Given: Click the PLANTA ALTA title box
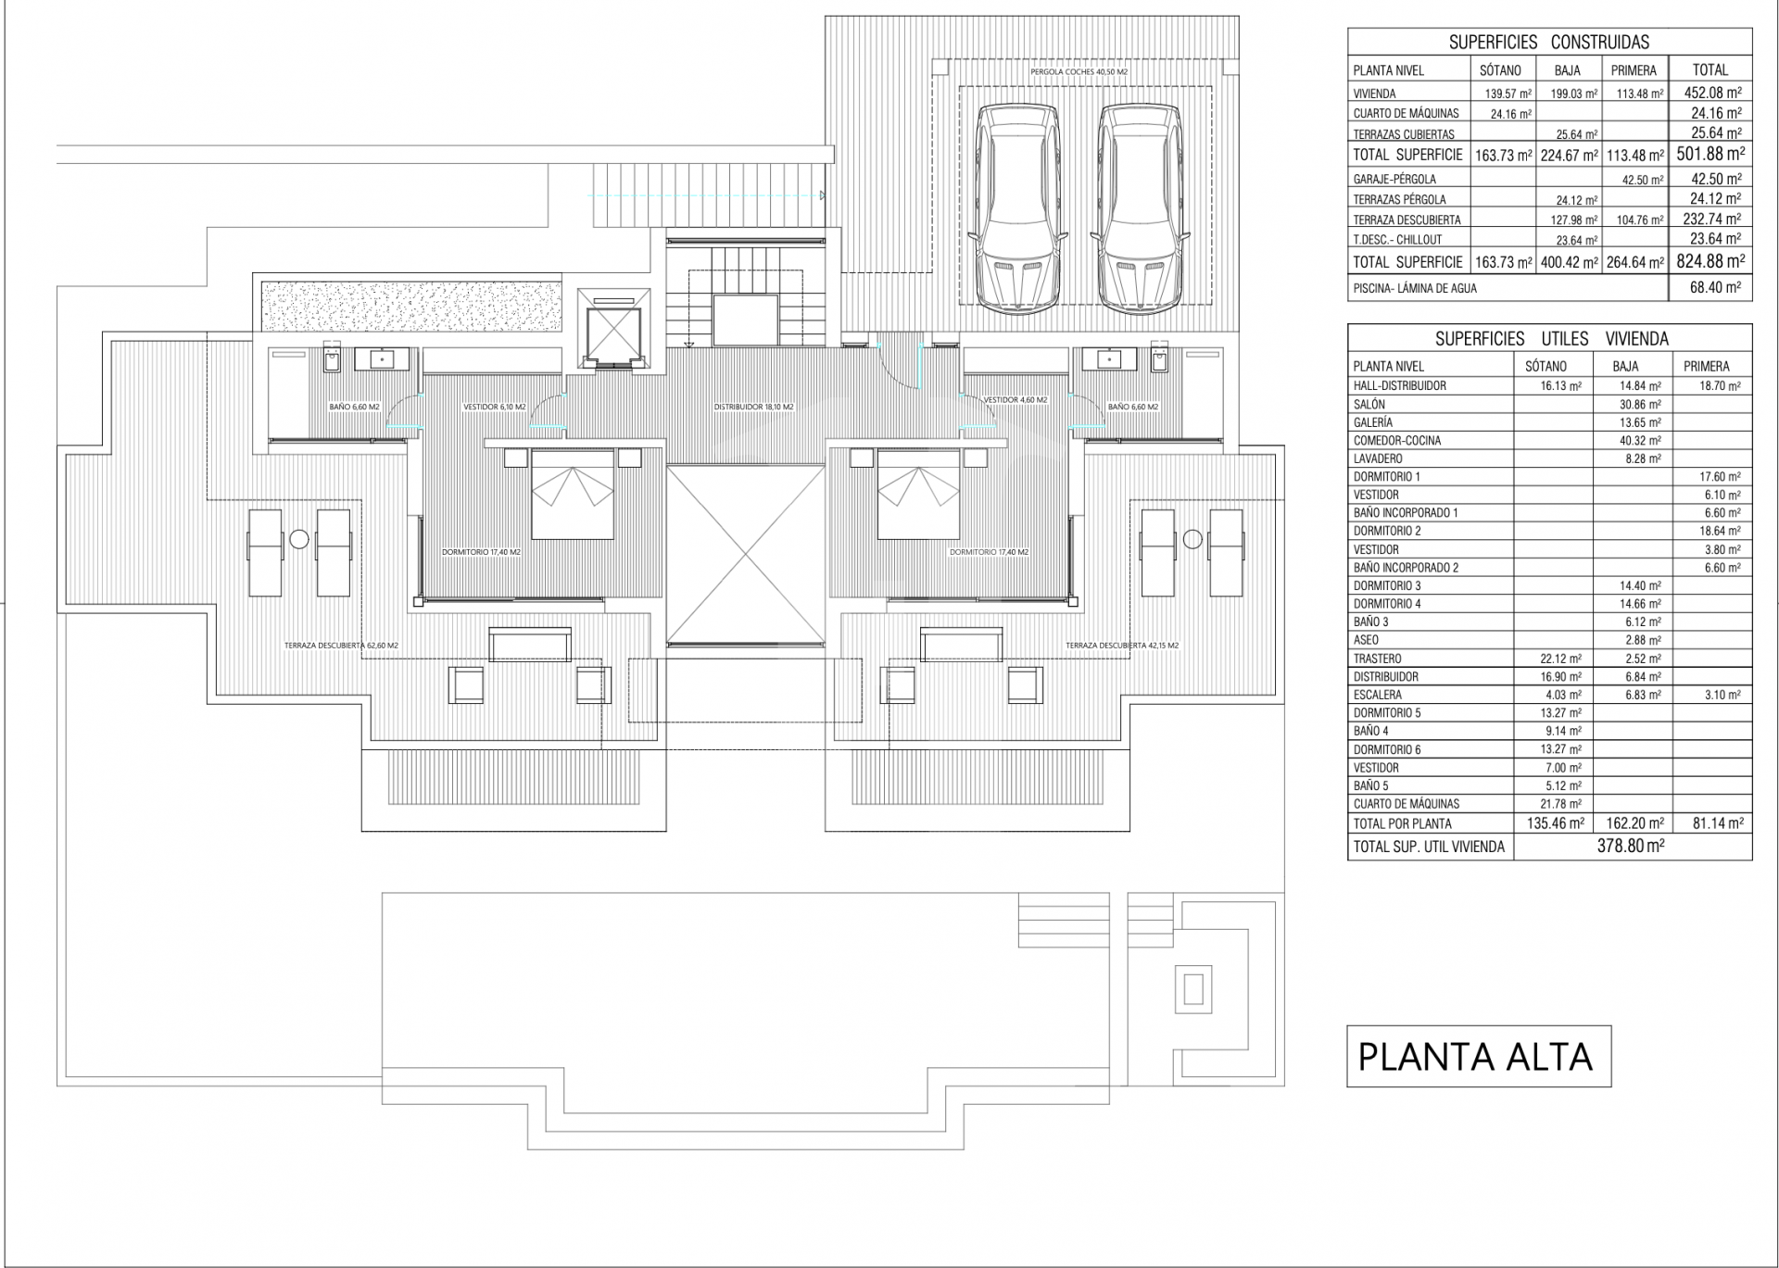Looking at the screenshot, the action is tap(1479, 1056).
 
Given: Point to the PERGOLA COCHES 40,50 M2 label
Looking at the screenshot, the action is tap(1079, 71).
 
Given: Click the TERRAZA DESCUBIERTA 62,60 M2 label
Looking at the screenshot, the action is tap(341, 646).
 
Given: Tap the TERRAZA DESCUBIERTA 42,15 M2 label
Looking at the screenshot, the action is tap(1122, 646).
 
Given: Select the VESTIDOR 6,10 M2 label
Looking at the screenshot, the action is tap(494, 407).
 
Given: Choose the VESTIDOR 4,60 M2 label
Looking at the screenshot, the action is tap(1016, 400).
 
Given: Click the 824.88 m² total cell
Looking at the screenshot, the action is tap(1710, 261).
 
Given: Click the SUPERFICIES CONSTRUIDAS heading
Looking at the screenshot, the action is tap(1549, 42).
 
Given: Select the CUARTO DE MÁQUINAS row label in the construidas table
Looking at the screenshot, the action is tap(1406, 113).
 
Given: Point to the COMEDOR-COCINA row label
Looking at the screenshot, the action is tap(1397, 441).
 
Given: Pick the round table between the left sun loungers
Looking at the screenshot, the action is tap(298, 538).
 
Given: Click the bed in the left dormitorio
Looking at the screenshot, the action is tap(573, 494).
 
